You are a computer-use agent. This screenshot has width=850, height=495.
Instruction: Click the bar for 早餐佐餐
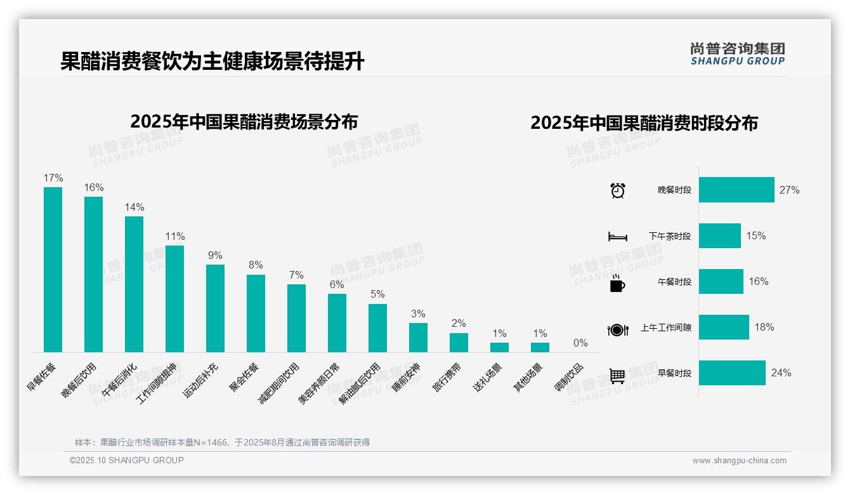click(x=53, y=270)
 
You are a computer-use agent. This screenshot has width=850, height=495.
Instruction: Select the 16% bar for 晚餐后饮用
click(x=93, y=274)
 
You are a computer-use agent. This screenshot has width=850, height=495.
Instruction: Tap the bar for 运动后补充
click(x=215, y=308)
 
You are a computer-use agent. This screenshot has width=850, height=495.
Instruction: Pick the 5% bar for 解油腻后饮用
click(x=377, y=328)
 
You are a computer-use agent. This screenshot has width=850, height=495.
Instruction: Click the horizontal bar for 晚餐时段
click(x=736, y=190)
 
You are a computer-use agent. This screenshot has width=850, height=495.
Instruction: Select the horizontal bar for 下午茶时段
click(x=719, y=235)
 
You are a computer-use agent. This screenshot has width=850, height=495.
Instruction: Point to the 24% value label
click(x=781, y=373)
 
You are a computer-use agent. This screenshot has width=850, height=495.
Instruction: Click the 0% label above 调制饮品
click(x=580, y=343)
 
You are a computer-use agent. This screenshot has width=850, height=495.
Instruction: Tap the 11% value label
click(x=174, y=237)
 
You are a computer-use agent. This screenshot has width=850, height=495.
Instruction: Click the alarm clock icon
click(x=617, y=190)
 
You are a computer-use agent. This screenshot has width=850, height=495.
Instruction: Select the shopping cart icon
click(x=617, y=376)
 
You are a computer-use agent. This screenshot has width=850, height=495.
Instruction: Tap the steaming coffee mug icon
click(x=617, y=283)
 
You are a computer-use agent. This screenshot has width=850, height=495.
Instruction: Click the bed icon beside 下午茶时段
click(x=617, y=237)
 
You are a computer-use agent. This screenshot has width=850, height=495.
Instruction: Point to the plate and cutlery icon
click(x=617, y=329)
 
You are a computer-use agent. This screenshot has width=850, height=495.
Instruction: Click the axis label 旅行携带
click(x=448, y=378)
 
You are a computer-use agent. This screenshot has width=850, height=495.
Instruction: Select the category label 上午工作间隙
click(x=666, y=328)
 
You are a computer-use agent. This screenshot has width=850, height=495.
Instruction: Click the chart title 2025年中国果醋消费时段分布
click(x=644, y=123)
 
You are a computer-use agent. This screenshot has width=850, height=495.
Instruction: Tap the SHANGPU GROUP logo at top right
click(x=737, y=54)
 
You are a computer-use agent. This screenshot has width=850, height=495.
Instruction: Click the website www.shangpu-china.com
click(x=739, y=461)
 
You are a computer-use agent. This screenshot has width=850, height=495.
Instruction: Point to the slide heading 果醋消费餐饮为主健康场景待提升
click(x=213, y=62)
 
